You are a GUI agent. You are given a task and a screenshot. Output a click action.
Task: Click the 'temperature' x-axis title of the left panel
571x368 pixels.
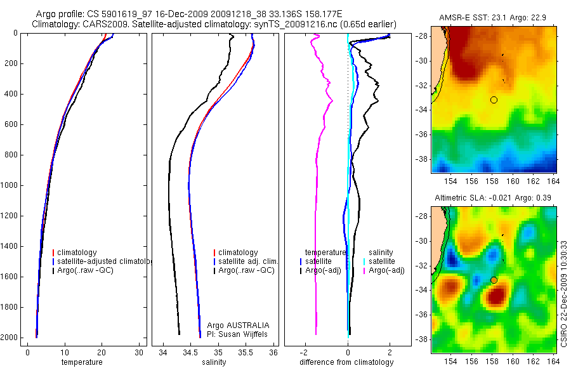(81, 362)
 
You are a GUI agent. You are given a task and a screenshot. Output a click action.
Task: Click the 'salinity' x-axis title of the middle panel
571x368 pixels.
(213, 362)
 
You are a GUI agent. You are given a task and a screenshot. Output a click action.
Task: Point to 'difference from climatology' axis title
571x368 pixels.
(346, 362)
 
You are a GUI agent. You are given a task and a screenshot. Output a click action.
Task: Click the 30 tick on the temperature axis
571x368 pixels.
(140, 353)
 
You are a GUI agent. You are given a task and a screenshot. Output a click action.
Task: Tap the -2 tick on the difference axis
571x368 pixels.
(305, 353)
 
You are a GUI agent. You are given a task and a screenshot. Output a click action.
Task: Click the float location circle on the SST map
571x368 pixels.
(494, 100)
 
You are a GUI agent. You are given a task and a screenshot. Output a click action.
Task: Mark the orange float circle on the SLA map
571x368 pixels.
(494, 280)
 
